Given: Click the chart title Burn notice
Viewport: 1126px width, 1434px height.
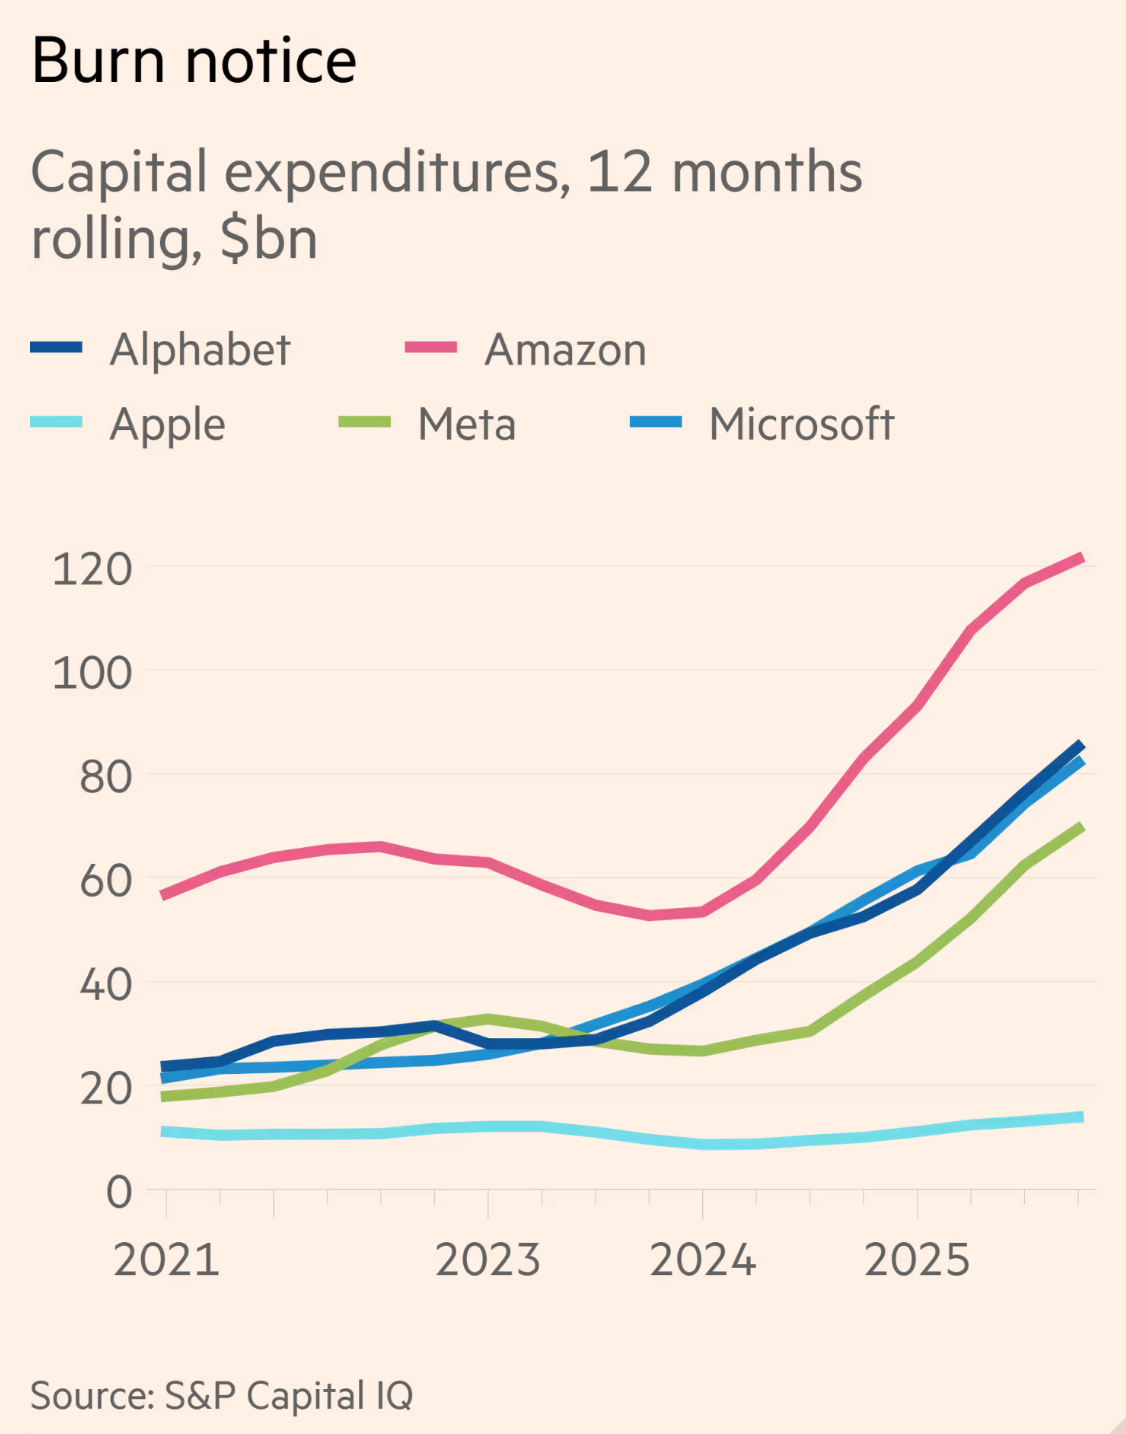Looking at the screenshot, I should coord(194,61).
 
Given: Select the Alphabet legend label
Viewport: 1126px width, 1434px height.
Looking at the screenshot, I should coord(200,350).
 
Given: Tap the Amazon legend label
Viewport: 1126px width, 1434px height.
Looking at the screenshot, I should coord(565,350).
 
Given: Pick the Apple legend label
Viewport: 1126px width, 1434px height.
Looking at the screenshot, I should coord(167,425).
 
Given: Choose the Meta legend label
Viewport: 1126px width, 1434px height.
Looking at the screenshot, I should coord(467,425).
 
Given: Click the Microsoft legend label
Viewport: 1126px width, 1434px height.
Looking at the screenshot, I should coord(801,424).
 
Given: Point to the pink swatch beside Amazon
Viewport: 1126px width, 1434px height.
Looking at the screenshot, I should coord(431,348).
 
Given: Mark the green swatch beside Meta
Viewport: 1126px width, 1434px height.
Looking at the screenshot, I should coord(365,422).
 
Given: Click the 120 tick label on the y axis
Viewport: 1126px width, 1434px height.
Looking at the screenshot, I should coord(92,569).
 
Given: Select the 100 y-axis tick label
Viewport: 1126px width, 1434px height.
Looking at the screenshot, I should coord(92,673).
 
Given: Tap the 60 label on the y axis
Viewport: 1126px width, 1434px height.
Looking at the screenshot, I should coord(105,881).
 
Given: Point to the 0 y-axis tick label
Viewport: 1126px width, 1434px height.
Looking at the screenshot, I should coord(119,1192).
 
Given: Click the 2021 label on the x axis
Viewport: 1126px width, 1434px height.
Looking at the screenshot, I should coord(166,1260).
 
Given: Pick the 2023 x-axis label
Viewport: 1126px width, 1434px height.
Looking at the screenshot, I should coord(488,1260).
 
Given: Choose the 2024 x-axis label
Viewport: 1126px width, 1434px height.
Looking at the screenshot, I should coord(703,1260).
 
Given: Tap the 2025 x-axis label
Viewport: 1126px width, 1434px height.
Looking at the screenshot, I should coord(917,1260).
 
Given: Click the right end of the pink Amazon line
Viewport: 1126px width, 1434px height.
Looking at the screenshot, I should coord(1081,558).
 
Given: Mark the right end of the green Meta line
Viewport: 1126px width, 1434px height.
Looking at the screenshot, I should coord(1081,827).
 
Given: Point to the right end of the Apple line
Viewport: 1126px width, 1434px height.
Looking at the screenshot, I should coord(1081,1117).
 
